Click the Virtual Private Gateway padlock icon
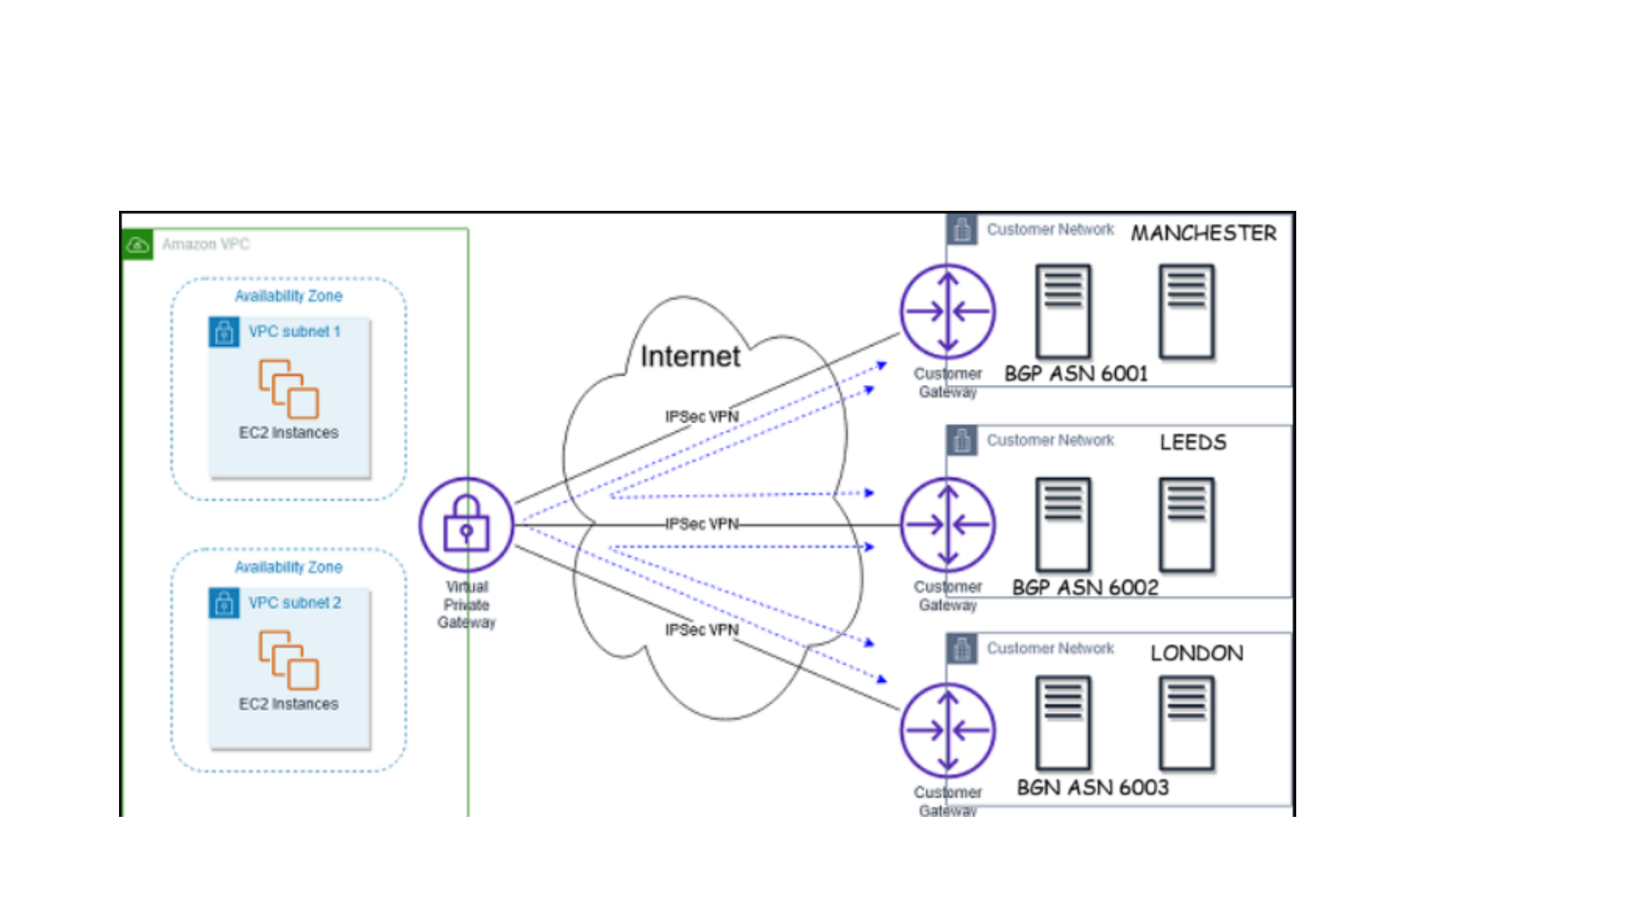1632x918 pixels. [x=466, y=524]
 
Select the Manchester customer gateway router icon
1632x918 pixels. [x=948, y=311]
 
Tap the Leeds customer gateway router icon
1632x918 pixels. [x=948, y=524]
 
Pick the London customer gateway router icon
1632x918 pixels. [x=948, y=730]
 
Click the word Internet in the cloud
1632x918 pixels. [x=690, y=356]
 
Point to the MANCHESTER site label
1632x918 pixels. [x=1203, y=233]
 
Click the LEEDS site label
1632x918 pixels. [x=1193, y=442]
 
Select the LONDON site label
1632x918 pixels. [x=1196, y=653]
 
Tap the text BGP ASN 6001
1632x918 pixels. [x=1075, y=374]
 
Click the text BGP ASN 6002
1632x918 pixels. [x=1085, y=587]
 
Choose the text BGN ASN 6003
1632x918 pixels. [x=1092, y=788]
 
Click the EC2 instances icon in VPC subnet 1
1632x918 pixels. [x=289, y=389]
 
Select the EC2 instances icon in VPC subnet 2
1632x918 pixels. [x=289, y=660]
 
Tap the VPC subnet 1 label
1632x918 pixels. [x=294, y=331]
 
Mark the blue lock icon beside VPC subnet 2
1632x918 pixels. [x=224, y=603]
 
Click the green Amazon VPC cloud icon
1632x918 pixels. [x=138, y=245]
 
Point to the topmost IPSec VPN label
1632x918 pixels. [x=701, y=416]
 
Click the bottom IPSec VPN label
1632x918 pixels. [x=701, y=630]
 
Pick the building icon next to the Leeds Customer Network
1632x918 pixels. [x=962, y=440]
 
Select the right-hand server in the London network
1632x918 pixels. [x=1187, y=723]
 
